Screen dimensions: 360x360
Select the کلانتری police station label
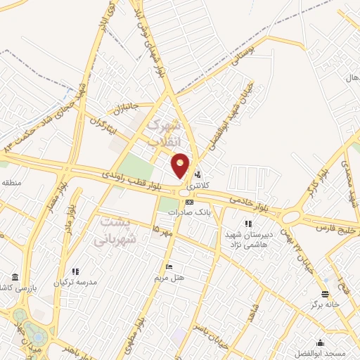(x=200, y=186)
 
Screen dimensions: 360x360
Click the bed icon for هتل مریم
(x=169, y=267)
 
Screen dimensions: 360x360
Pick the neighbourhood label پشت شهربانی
(x=119, y=229)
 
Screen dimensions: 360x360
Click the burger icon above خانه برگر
(x=324, y=294)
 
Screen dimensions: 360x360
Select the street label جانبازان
(x=127, y=108)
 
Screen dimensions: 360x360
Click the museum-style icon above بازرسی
(x=15, y=277)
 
